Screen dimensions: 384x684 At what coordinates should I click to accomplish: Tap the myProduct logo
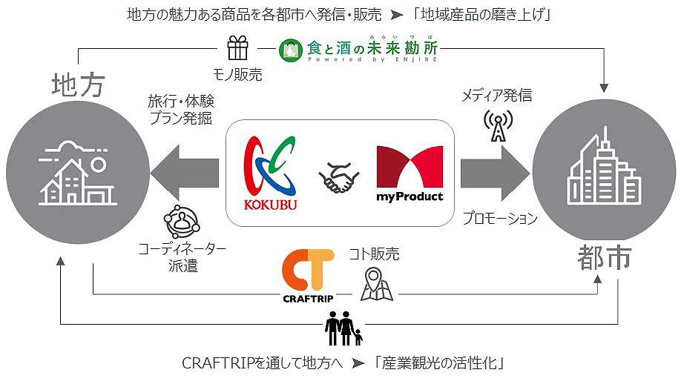click(410, 173)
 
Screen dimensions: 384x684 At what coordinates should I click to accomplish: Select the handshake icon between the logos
click(339, 177)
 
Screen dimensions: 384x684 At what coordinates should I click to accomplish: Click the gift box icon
click(238, 50)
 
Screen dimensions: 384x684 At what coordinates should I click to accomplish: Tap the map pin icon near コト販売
click(375, 285)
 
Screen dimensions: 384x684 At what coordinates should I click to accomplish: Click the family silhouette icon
click(343, 328)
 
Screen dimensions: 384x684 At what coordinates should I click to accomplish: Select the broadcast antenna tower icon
click(496, 125)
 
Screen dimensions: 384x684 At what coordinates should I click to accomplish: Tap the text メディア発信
click(496, 95)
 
